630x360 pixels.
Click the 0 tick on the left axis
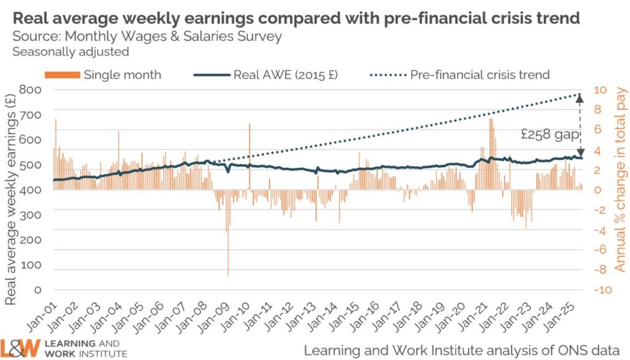[38, 289]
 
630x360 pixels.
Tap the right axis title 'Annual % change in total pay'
[620, 185]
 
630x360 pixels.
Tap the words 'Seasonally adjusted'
[71, 52]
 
